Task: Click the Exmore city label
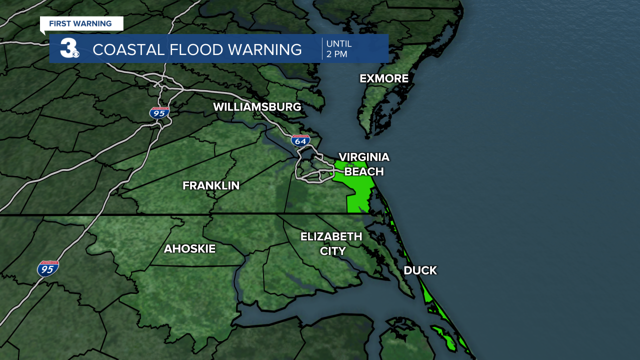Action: [x=384, y=78]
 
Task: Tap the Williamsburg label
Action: [x=257, y=107]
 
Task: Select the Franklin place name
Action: [x=210, y=185]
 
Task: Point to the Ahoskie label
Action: [x=189, y=248]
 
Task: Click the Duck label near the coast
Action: [x=420, y=270]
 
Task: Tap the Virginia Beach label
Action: [x=363, y=164]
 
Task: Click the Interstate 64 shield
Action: [x=300, y=140]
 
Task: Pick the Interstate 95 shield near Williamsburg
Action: [x=159, y=112]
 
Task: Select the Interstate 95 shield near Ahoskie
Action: [x=48, y=269]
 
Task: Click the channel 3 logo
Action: [x=69, y=48]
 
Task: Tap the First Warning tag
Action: [x=80, y=23]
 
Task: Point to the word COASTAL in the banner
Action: [x=128, y=49]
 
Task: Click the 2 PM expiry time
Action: [x=336, y=54]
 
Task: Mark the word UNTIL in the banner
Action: [x=339, y=43]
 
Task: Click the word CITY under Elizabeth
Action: [x=332, y=251]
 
